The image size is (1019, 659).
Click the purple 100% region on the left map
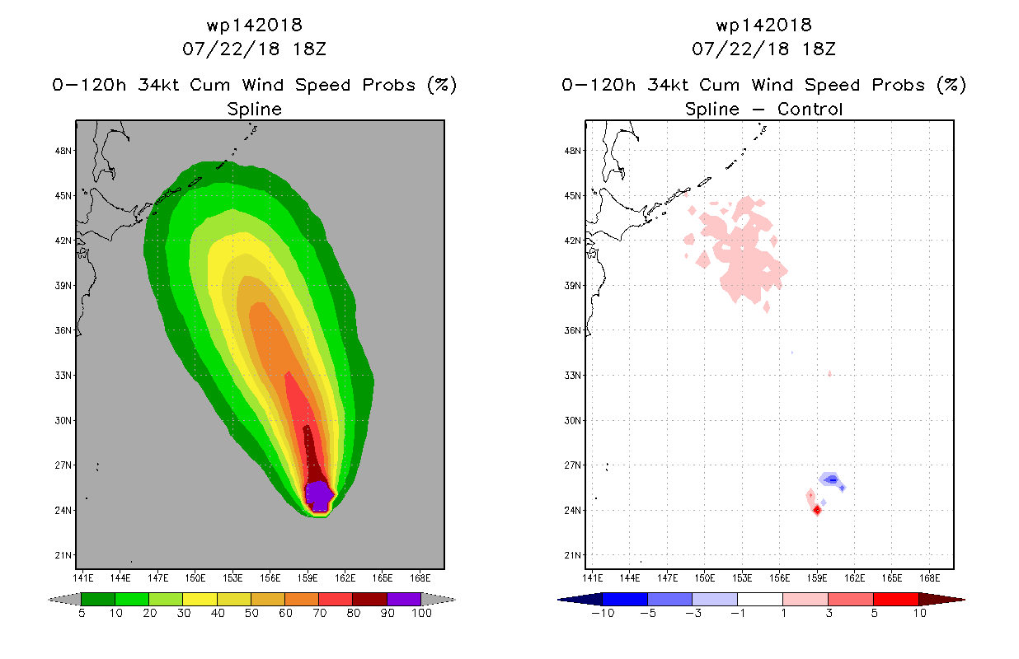[319, 496]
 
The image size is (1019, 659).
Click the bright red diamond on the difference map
[817, 511]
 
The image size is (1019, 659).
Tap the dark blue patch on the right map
[833, 480]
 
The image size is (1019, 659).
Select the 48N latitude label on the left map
[63, 151]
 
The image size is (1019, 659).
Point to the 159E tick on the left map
[308, 578]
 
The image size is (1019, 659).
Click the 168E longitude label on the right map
[929, 578]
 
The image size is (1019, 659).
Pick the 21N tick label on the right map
[573, 555]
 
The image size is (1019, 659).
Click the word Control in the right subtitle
[810, 109]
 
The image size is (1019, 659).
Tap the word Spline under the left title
[254, 110]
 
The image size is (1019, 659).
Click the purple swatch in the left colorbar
[404, 599]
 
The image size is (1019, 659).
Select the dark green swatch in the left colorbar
[98, 599]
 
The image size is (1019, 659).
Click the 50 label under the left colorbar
[251, 613]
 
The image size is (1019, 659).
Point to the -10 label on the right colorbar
[603, 613]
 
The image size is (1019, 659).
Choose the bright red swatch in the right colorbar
[896, 599]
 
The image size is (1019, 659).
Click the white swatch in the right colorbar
[760, 599]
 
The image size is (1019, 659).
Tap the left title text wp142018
[254, 26]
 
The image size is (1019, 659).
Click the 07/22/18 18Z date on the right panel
[763, 49]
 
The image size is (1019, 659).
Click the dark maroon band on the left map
[314, 455]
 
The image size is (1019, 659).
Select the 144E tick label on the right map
[630, 578]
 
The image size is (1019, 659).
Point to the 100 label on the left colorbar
[421, 613]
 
